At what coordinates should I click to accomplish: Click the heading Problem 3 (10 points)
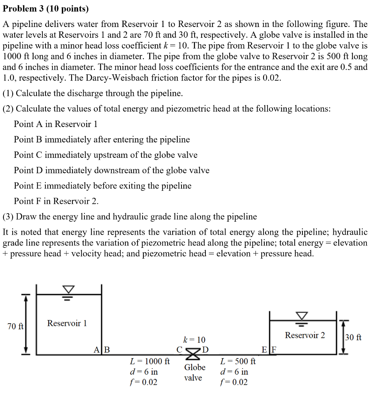(45, 8)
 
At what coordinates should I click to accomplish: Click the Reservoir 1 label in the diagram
(67, 323)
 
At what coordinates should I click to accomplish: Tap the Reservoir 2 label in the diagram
(305, 335)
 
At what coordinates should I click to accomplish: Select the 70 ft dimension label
(16, 326)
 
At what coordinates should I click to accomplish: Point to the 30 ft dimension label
(353, 337)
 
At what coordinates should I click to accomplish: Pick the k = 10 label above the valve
(194, 340)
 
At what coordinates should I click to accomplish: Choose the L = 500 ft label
(238, 362)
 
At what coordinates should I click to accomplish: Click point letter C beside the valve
(179, 350)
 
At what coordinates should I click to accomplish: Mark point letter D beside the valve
(205, 350)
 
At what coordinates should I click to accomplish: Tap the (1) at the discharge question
(8, 93)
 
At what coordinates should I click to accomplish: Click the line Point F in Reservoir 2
(56, 201)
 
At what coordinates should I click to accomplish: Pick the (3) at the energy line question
(8, 217)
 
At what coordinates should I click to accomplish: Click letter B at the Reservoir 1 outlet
(107, 350)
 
